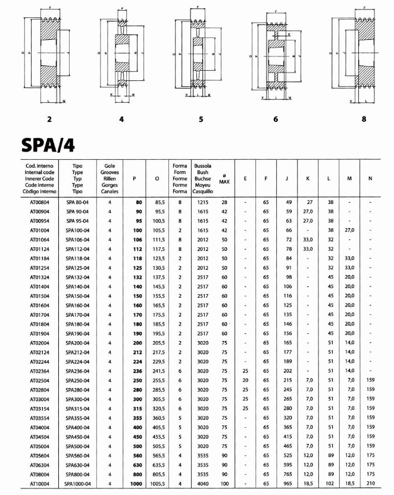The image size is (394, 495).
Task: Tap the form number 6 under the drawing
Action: click(276, 119)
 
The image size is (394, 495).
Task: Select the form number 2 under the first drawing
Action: click(49, 119)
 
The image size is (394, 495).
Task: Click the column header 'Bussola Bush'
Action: click(202, 178)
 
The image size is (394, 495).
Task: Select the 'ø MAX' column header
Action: click(224, 179)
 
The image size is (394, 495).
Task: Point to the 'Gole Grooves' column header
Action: click(110, 178)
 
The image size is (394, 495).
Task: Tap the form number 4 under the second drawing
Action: click(122, 119)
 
